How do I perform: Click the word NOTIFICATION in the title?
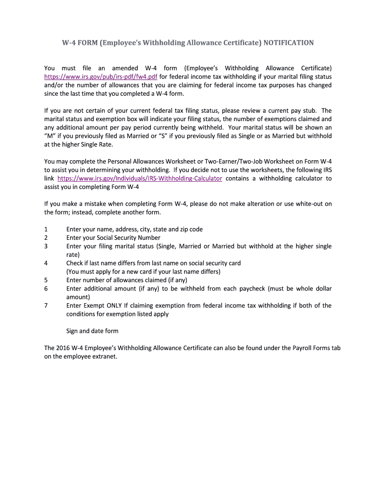click(x=289, y=43)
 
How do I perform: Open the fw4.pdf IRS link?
click(x=101, y=77)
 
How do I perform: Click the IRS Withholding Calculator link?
click(x=140, y=179)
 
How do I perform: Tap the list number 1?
click(x=46, y=229)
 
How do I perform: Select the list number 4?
click(x=46, y=263)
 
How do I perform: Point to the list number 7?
click(x=46, y=306)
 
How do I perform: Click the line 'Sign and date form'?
click(x=92, y=331)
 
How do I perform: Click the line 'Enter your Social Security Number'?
click(x=113, y=238)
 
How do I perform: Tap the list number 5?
click(x=46, y=280)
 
